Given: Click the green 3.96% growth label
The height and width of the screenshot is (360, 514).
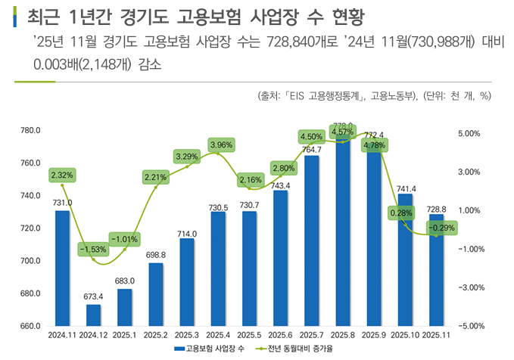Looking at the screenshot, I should pos(222,144).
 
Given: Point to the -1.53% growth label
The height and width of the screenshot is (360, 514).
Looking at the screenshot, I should pos(93,249).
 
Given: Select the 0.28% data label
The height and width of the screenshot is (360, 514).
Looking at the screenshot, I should pos(400,213).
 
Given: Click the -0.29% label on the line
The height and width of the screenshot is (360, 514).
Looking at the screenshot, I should pos(442,228).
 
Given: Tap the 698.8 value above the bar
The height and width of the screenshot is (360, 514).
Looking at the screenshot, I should pos(155,255).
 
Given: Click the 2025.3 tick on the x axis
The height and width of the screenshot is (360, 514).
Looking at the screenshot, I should pos(187,334).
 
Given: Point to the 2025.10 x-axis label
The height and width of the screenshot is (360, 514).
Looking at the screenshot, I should pos(405,334).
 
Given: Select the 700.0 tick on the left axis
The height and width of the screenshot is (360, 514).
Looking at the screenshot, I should pos(30,261).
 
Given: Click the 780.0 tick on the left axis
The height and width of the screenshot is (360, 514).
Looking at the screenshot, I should pos(30,131).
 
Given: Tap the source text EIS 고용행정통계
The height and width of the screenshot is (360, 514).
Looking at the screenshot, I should pos(326,96).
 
